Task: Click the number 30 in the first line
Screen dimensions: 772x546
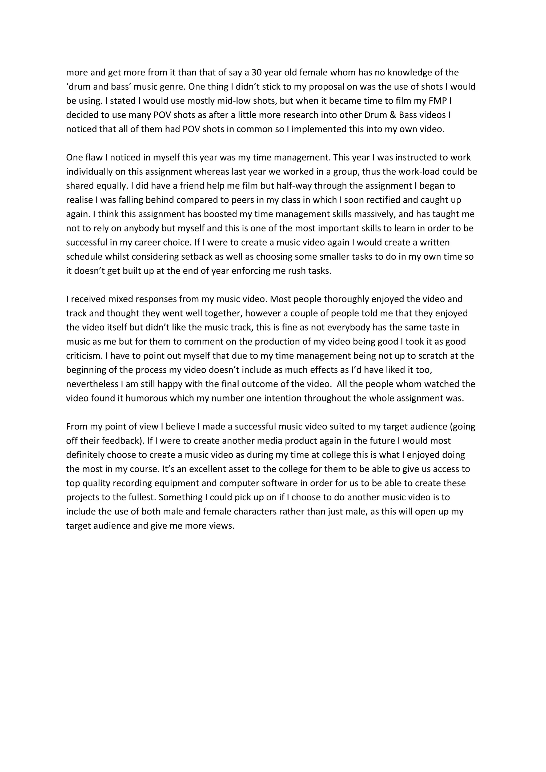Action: pyautogui.click(x=256, y=72)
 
